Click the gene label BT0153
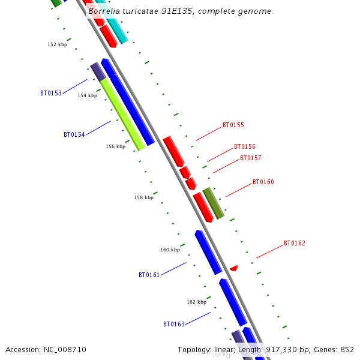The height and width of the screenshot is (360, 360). [51, 94]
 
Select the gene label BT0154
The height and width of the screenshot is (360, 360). [74, 135]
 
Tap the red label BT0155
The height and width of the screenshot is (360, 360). [233, 125]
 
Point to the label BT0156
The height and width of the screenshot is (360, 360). [245, 147]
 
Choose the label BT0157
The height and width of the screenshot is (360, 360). [251, 158]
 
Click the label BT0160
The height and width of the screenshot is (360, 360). [263, 182]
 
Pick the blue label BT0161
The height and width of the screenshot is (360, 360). [149, 275]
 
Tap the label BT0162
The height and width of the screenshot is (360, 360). [295, 244]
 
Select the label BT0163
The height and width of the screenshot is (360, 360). [174, 325]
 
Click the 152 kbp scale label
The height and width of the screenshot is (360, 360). [58, 45]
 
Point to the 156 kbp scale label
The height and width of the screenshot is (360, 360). [116, 147]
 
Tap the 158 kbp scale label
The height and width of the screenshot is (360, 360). [144, 197]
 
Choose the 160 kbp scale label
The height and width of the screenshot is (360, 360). [170, 250]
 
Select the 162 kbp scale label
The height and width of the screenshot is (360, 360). [197, 302]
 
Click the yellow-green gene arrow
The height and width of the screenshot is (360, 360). [122, 114]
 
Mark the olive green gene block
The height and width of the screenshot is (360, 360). [214, 203]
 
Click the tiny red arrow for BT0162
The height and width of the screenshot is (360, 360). [234, 268]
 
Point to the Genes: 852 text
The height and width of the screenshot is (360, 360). [337, 350]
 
